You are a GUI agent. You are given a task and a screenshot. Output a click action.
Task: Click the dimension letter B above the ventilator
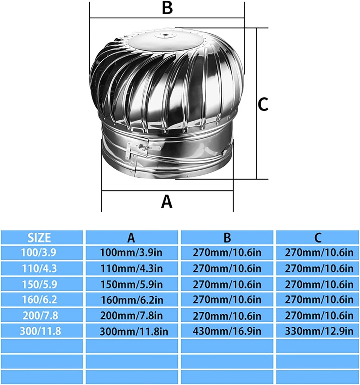(167, 8)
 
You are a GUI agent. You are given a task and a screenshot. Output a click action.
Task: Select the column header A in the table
(131, 237)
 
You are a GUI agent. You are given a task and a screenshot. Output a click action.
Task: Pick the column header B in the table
(227, 237)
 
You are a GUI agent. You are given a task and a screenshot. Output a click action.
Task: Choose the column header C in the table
(318, 237)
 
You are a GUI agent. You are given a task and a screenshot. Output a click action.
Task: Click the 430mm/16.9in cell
(227, 331)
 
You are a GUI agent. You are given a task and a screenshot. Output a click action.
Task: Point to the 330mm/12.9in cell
(318, 331)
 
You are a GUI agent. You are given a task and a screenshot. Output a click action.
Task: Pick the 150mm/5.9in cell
(131, 284)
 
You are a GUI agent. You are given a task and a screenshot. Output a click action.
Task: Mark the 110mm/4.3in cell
(131, 268)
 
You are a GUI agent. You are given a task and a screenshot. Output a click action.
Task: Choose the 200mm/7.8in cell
(131, 315)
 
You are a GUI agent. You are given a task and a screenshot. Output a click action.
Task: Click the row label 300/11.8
(41, 331)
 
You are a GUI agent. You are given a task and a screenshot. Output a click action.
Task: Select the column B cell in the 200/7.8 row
(227, 315)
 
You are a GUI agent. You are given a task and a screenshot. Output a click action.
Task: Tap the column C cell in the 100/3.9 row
(318, 252)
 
